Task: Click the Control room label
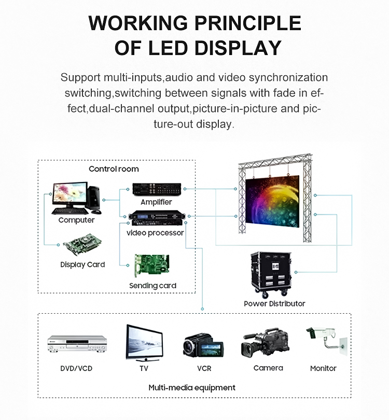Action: click(x=114, y=169)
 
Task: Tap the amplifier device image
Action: click(x=156, y=190)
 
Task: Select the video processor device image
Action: click(x=156, y=218)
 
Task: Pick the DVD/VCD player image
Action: click(x=76, y=344)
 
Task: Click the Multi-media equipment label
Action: click(x=192, y=387)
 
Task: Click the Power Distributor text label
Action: click(x=274, y=303)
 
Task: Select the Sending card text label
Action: click(x=152, y=286)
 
